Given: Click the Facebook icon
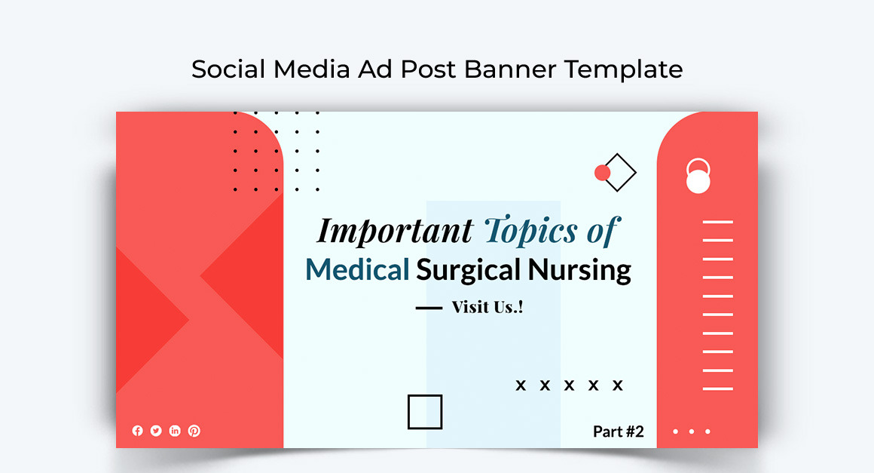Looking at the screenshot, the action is (137, 431).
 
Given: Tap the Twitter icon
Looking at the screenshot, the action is (156, 431).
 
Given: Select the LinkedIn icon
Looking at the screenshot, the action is (175, 431).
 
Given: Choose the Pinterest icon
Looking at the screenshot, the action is (194, 431).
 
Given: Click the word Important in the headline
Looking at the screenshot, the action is (395, 231).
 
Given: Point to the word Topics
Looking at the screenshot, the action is (530, 231).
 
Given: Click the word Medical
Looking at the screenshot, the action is (357, 270).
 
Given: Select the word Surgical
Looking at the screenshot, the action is (468, 271).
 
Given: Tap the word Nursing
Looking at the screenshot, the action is (579, 271).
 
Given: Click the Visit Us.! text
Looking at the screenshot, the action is (487, 307).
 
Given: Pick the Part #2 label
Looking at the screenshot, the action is (618, 432).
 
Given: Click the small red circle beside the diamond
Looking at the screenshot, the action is (602, 173).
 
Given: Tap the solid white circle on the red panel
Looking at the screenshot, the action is (698, 181).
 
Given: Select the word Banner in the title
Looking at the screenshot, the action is (510, 69).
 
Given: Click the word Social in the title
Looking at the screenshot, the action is (228, 69).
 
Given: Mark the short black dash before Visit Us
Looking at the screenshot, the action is (429, 308).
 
